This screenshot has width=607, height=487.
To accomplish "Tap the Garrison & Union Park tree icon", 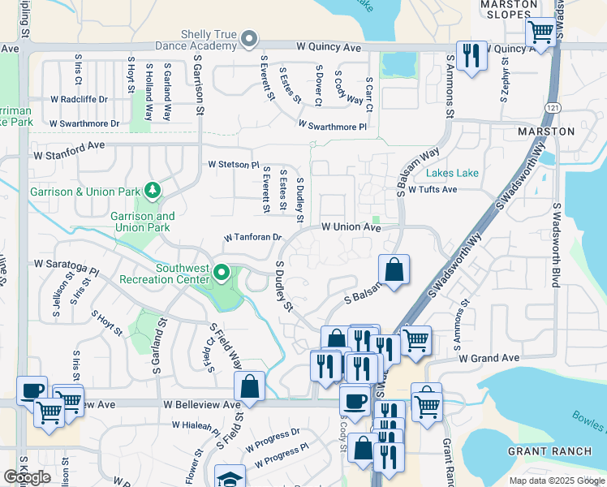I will coord(152,191).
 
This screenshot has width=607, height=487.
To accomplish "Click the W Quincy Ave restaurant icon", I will coord(471,55).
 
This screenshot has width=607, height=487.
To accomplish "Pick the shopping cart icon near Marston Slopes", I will coord(540,32).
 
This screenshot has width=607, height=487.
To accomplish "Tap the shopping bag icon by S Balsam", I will coord(394,271).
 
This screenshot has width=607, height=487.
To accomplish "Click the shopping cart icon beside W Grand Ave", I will coord(415,340).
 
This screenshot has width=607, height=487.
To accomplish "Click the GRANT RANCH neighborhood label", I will coord(542,450).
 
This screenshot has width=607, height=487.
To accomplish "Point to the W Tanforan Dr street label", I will coord(252,238).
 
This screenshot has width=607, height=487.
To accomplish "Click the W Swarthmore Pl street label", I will coord(332,126).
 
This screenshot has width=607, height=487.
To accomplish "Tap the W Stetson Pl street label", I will coord(233,164).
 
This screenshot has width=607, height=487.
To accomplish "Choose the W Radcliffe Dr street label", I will coord(79,99).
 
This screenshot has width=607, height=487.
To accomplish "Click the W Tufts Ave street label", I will coord(433,189).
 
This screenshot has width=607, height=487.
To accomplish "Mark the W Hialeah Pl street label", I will coord(196,425).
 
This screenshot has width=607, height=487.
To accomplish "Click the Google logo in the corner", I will coord(27,477).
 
